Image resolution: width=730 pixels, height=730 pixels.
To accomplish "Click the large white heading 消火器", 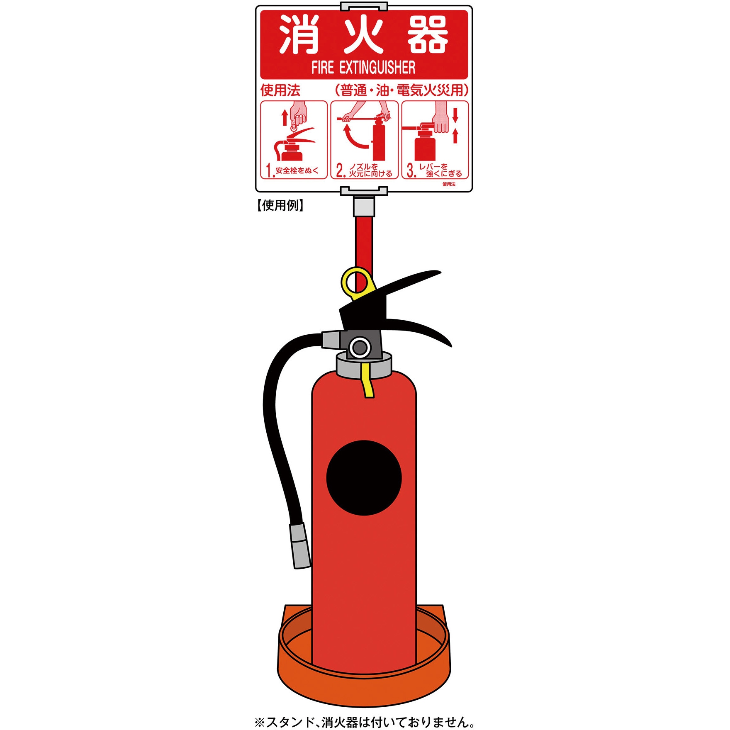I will (x=363, y=35).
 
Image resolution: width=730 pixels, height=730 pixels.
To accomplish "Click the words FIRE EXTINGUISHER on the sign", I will (x=363, y=68).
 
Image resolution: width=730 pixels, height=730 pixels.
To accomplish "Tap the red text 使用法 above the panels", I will (x=280, y=90).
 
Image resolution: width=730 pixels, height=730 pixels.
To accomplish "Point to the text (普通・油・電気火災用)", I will (x=401, y=90).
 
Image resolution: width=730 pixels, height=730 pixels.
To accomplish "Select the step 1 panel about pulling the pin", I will (x=294, y=140).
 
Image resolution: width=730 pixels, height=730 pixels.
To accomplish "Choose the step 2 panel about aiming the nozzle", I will (x=364, y=140).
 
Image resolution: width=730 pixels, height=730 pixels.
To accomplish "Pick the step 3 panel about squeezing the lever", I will (x=435, y=140).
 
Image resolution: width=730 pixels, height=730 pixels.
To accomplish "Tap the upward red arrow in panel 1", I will (x=285, y=117).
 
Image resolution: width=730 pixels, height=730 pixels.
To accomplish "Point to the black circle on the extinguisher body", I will (x=364, y=478).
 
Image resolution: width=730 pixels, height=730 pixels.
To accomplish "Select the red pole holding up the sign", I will (x=364, y=241).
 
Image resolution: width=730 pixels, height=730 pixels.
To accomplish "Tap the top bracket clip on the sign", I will (x=364, y=7).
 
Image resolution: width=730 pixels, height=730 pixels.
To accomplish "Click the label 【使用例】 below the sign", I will (x=280, y=205).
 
